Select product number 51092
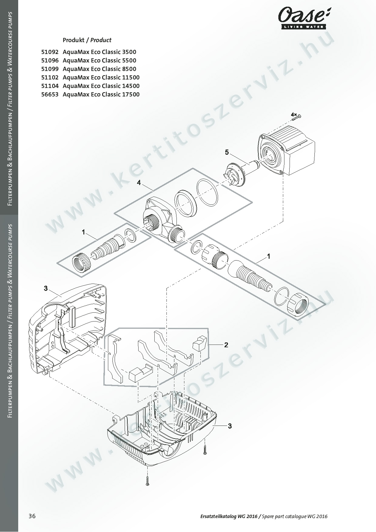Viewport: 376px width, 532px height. click(50, 52)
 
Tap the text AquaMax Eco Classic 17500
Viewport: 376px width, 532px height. click(101, 94)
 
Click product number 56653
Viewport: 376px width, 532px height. click(50, 94)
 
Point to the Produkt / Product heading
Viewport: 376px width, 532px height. click(87, 40)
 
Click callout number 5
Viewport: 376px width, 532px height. click(227, 152)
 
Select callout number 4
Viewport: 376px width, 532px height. click(139, 183)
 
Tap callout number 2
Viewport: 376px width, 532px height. click(226, 345)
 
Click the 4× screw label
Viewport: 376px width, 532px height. click(294, 114)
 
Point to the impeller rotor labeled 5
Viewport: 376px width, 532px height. click(239, 173)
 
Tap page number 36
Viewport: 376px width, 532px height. click(32, 516)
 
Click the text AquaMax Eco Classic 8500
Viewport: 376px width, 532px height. click(99, 69)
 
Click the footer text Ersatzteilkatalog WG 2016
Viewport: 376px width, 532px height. click(229, 516)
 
